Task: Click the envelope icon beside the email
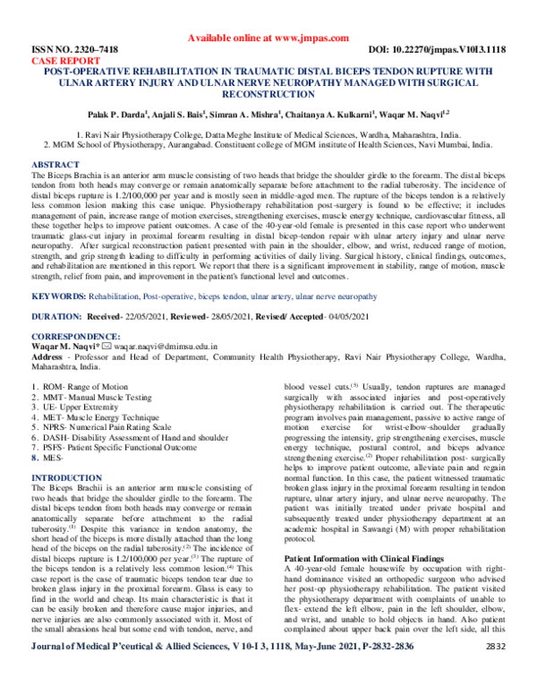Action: click(107, 347)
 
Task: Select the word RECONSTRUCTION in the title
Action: click(268, 93)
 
